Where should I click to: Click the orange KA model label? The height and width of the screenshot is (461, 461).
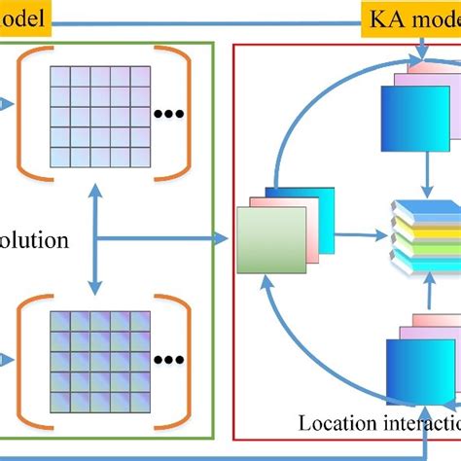point(411,18)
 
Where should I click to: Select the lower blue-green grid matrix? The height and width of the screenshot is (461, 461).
point(94,364)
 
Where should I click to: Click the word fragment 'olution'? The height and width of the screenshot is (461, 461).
point(35,238)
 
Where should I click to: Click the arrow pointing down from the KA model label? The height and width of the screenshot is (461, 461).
point(422,47)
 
